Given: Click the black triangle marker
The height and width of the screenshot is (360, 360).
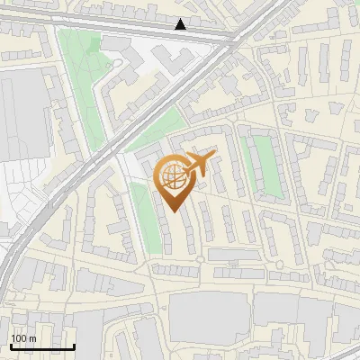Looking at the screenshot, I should [x=181, y=24].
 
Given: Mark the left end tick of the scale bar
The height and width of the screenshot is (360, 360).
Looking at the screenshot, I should [x=11, y=345].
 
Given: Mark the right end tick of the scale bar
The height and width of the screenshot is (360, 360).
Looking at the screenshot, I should [x=74, y=345].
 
